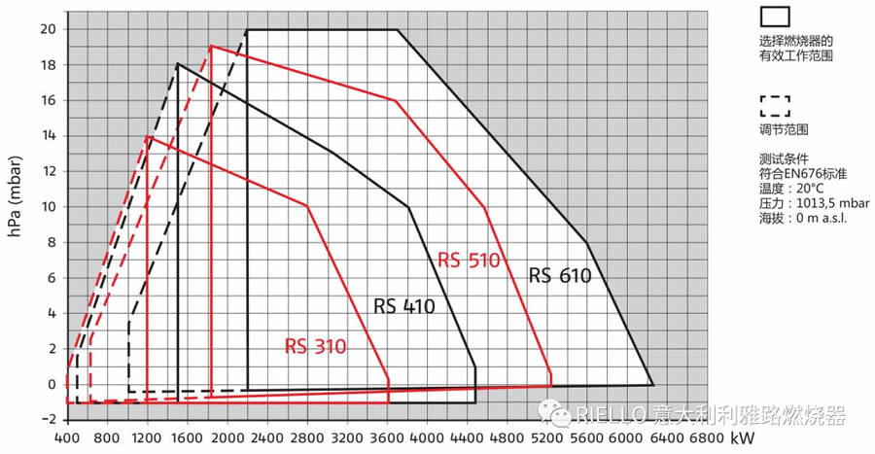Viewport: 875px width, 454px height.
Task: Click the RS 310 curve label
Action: coord(315,346)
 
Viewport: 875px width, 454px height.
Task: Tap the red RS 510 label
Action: coord(468,261)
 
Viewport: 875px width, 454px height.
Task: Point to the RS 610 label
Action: coord(560,276)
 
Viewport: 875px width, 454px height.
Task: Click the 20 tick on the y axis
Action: coord(47,28)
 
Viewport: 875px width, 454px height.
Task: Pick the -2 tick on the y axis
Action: coord(47,420)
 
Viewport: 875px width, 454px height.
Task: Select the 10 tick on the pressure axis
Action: coord(47,206)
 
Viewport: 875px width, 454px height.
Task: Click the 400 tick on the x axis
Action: coord(66,437)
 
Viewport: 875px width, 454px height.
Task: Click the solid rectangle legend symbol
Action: coord(775,16)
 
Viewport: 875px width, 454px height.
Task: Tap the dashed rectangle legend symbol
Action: coord(775,104)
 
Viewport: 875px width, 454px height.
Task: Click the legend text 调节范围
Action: coord(785,128)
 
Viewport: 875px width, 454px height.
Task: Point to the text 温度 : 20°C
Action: coord(792,188)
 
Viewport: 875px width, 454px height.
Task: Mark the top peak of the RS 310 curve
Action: coord(147,136)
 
